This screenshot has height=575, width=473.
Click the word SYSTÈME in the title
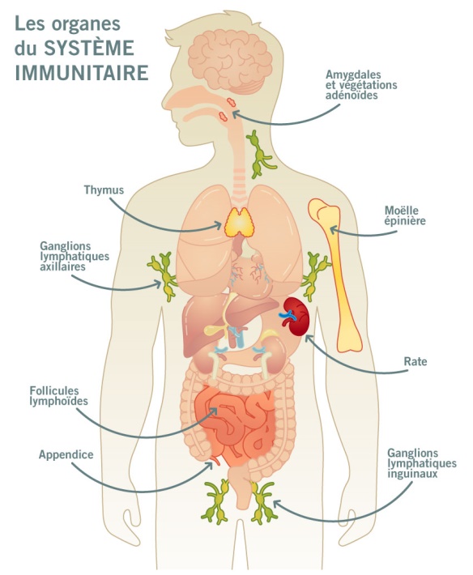pyautogui.click(x=89, y=48)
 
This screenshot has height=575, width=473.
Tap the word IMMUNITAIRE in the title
pyautogui.click(x=82, y=72)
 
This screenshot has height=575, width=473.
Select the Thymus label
pyautogui.click(x=104, y=190)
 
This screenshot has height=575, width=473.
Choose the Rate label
pyautogui.click(x=415, y=361)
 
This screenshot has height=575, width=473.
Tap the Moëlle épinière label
pyautogui.click(x=405, y=215)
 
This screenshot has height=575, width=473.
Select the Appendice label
pyautogui.click(x=66, y=455)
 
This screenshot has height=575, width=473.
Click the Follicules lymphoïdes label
pyautogui.click(x=58, y=396)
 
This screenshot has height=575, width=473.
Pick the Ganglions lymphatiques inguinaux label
pyautogui.click(x=422, y=463)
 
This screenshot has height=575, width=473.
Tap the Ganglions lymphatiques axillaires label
pyautogui.click(x=75, y=256)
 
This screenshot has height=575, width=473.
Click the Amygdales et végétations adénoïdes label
pyautogui.click(x=361, y=85)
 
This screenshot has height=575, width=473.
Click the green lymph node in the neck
pyautogui.click(x=259, y=154)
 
